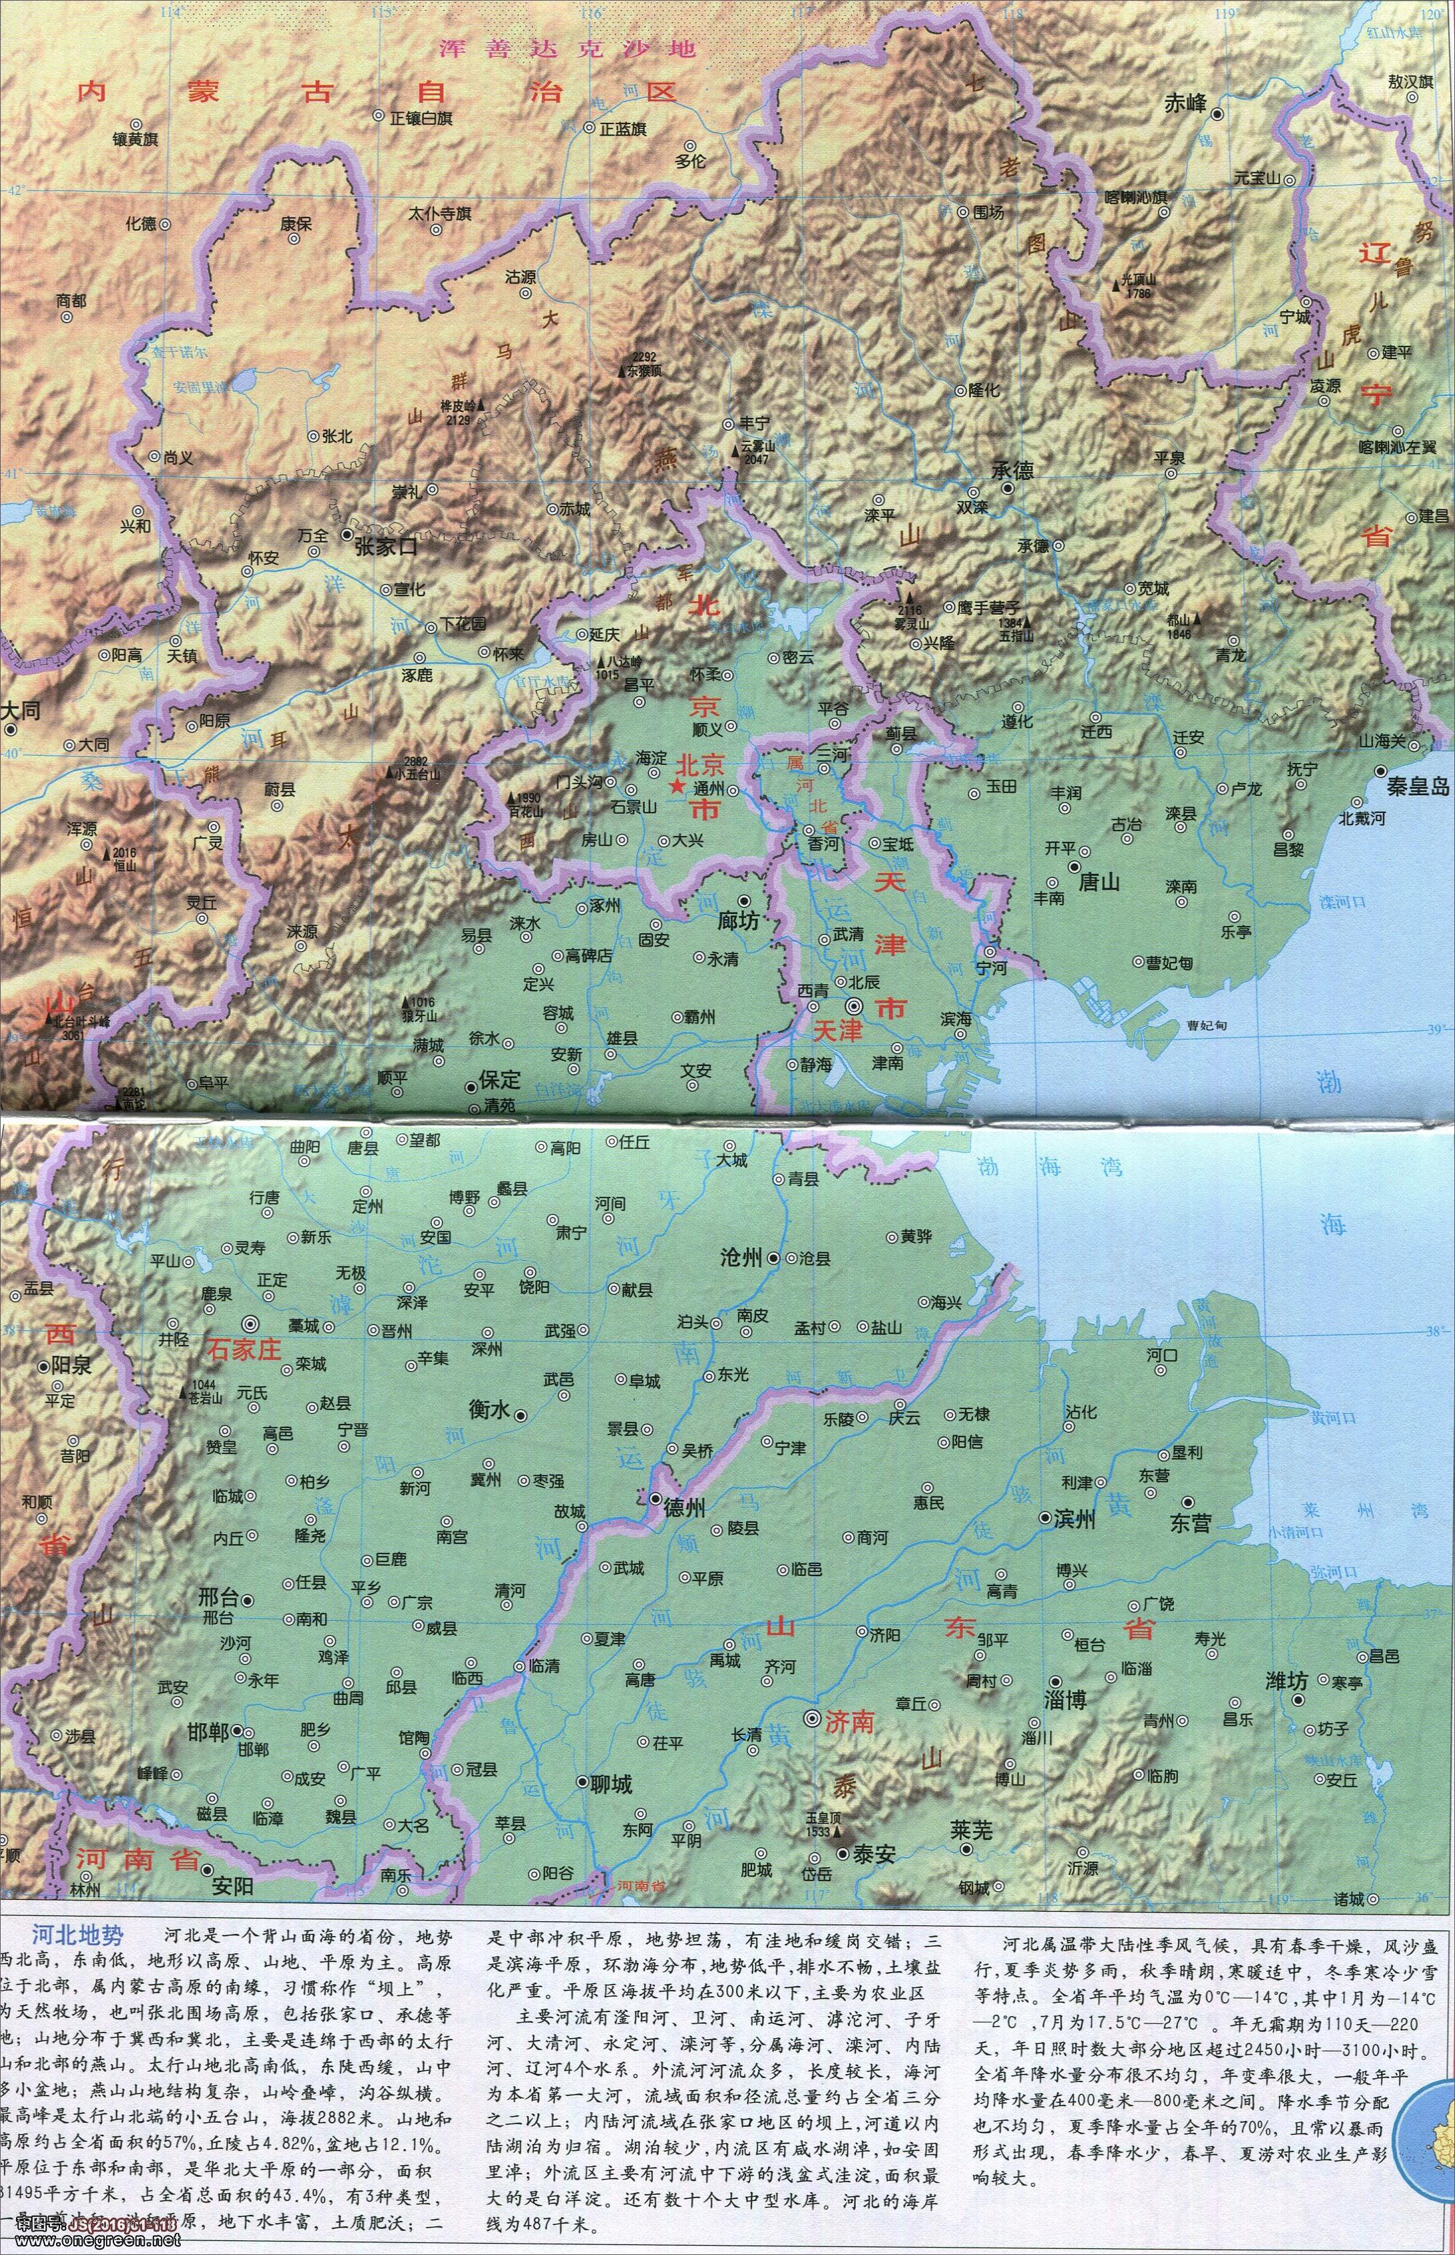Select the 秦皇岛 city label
tap(1416, 786)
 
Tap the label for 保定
tap(500, 1079)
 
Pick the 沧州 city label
tap(741, 1258)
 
